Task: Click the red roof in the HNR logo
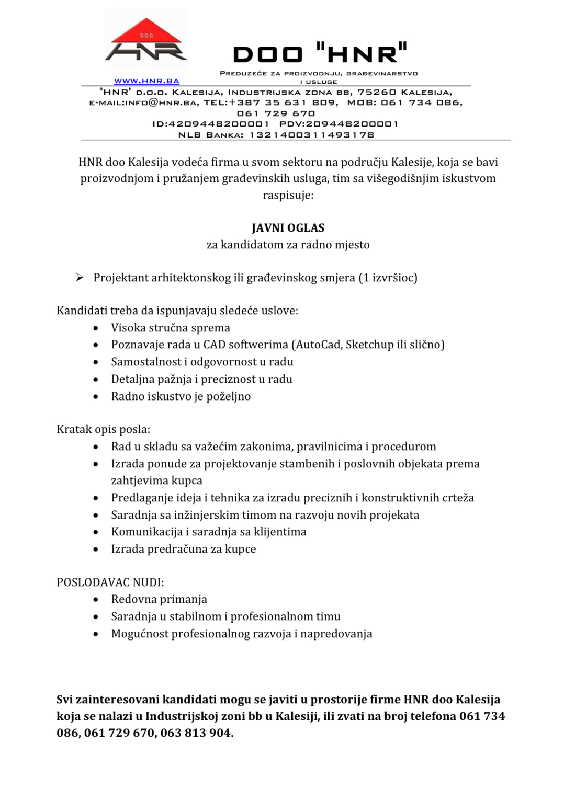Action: tap(146, 31)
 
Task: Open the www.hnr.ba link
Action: tap(146, 82)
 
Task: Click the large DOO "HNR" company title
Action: tap(320, 54)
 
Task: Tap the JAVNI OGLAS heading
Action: tap(288, 228)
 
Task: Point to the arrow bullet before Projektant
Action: tap(80, 277)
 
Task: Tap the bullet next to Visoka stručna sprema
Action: tap(96, 328)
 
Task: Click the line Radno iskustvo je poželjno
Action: tap(181, 396)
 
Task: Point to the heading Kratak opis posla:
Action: tap(103, 429)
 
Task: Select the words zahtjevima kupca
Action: tap(156, 481)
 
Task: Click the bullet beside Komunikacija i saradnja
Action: tap(96, 532)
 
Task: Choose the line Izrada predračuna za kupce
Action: tap(183, 549)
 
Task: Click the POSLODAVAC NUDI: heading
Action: tap(110, 582)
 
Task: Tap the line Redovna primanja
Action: tap(159, 599)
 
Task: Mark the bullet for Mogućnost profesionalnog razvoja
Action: tap(96, 634)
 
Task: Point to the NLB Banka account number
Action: tap(312, 135)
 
